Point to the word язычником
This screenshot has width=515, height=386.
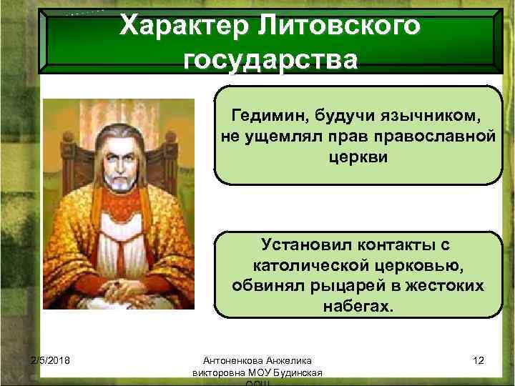pos(428,116)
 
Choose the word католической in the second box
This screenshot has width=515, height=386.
pos(318,266)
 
